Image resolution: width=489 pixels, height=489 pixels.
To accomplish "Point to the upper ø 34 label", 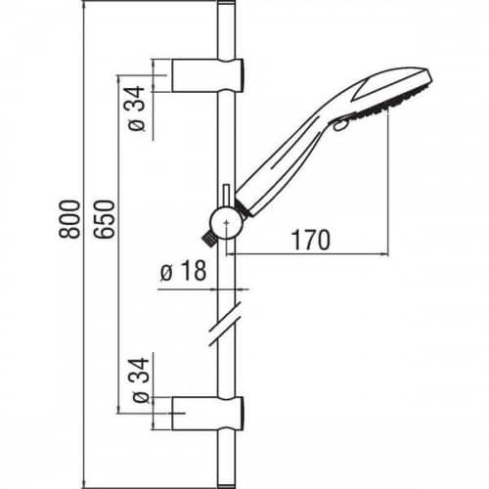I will coord(136,108).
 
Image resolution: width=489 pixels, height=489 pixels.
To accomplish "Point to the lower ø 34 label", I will coord(136,384).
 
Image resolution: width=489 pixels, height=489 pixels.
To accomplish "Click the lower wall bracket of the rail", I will coord(206,413).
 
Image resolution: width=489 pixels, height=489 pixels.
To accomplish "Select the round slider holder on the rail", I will coord(226,222).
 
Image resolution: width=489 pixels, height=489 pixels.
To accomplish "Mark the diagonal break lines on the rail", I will coord(227,328).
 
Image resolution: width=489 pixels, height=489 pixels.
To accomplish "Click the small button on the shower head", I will coord(338,124).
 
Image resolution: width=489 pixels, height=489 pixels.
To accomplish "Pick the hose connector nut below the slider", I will coord(209,237).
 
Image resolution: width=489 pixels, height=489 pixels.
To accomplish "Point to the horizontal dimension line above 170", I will coord(313,253).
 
